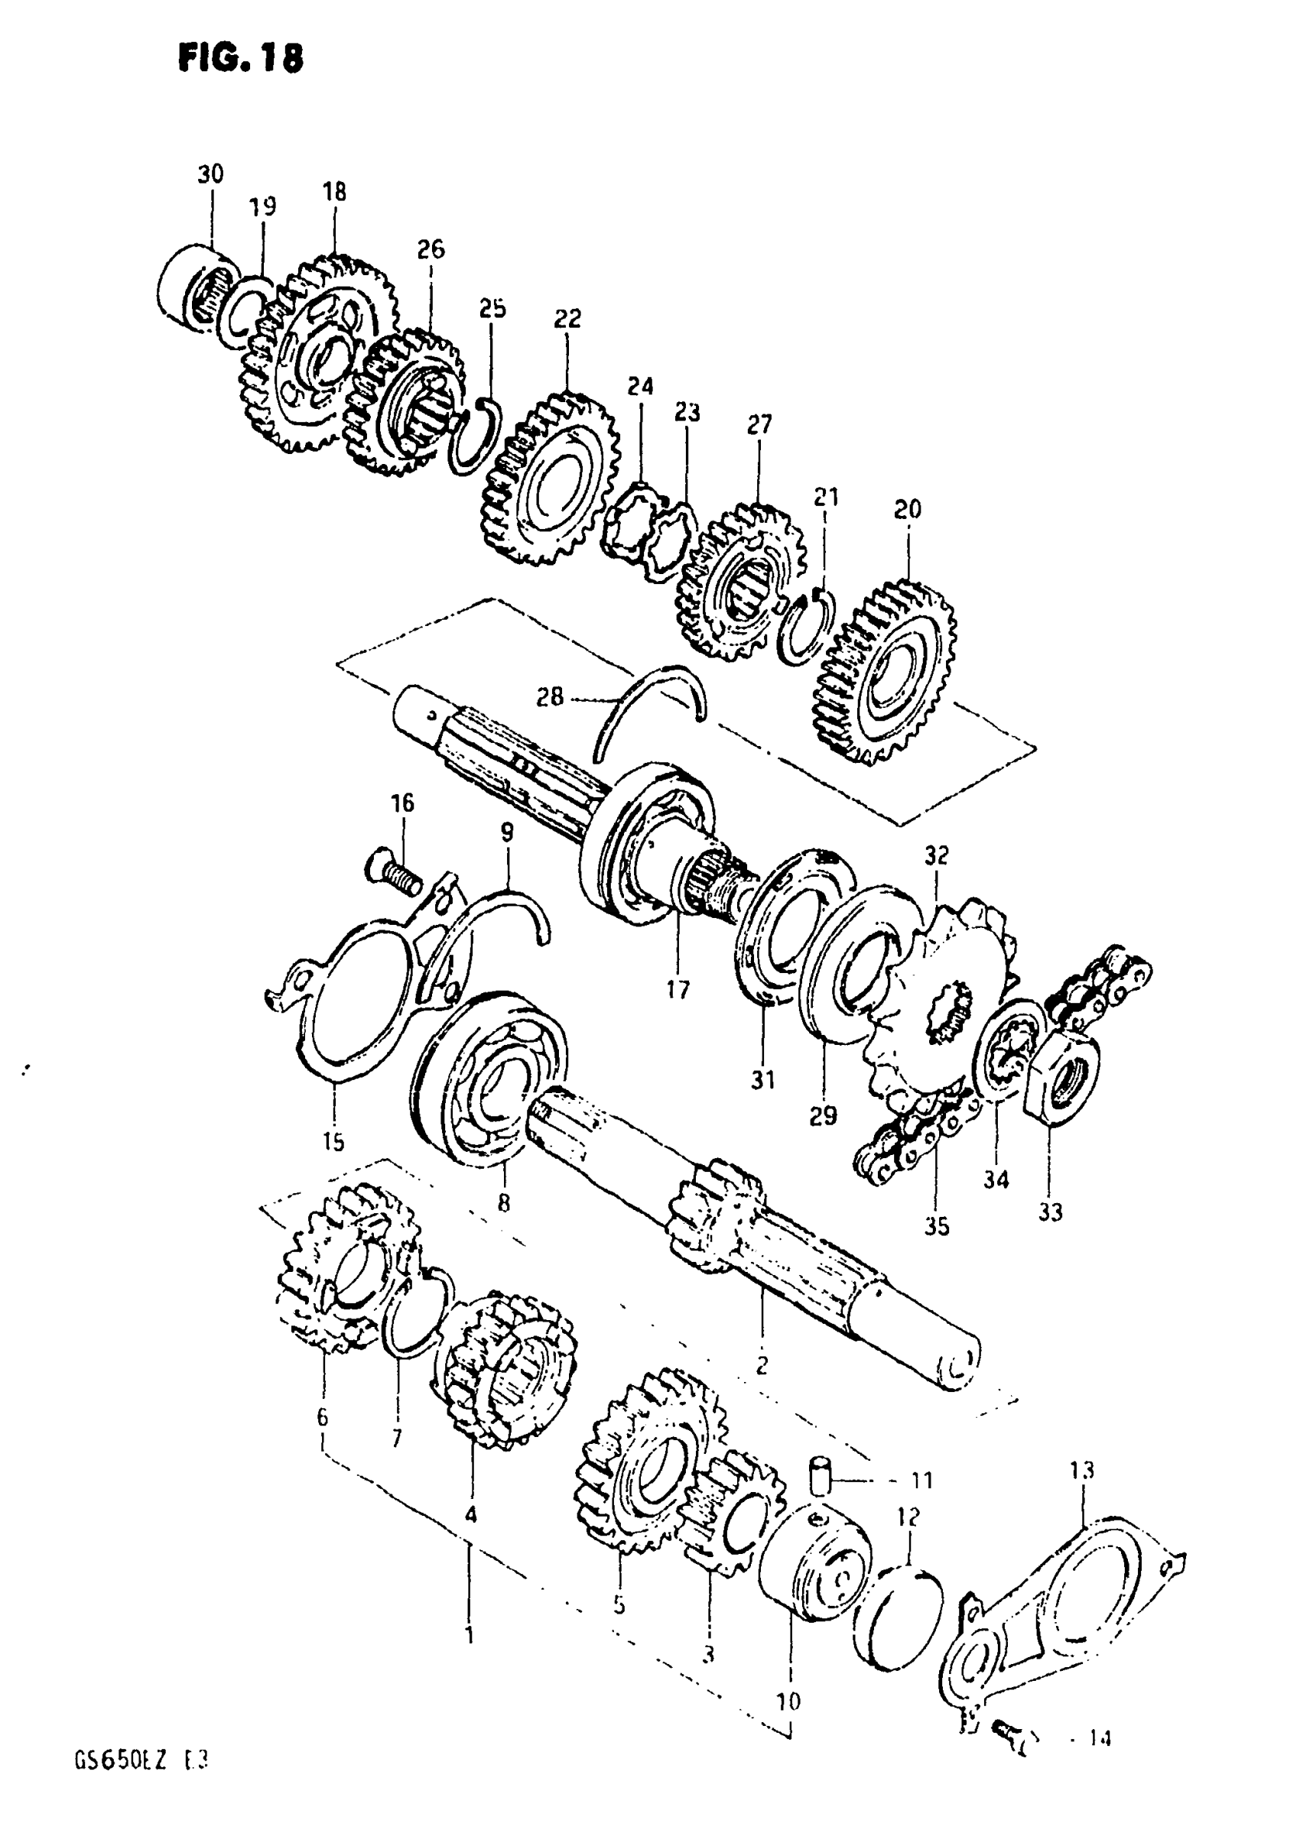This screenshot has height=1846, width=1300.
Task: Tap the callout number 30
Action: [x=211, y=174]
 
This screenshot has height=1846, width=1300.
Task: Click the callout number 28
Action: [x=550, y=696]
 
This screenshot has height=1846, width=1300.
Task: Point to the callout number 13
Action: [x=1082, y=1471]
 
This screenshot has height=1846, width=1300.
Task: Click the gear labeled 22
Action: [x=551, y=479]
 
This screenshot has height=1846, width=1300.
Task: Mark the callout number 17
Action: [x=678, y=990]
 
